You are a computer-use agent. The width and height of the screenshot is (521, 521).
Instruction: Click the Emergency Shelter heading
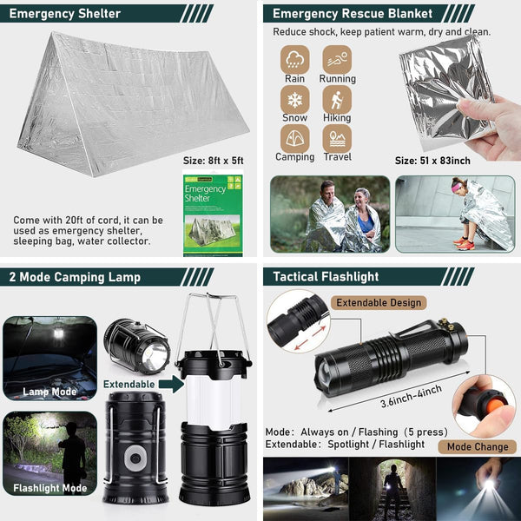[x=64, y=14]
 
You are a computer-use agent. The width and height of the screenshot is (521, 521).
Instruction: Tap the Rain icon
[x=294, y=59]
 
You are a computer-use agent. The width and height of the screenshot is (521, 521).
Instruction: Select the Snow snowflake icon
[x=294, y=98]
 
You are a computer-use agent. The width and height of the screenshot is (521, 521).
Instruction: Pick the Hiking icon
[x=337, y=98]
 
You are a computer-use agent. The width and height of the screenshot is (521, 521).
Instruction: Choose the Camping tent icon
[x=294, y=138]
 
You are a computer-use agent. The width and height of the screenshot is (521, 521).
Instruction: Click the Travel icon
[x=337, y=138]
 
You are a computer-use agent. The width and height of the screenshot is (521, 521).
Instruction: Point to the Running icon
[x=337, y=59]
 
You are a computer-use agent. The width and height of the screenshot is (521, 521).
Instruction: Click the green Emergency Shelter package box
[x=213, y=214]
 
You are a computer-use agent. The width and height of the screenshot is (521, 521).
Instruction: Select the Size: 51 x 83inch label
[x=432, y=160]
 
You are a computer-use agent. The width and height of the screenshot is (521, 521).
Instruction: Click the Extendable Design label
[x=379, y=303]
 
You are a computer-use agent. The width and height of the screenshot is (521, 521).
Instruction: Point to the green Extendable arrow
[x=170, y=383]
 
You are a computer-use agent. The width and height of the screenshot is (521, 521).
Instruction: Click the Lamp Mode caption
[x=49, y=392]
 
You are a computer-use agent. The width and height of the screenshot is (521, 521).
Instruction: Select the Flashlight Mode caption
[x=49, y=487]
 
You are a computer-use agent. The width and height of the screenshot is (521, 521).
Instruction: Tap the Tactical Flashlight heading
[x=326, y=276]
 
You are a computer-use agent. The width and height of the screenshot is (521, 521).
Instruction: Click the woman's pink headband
[x=458, y=183]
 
